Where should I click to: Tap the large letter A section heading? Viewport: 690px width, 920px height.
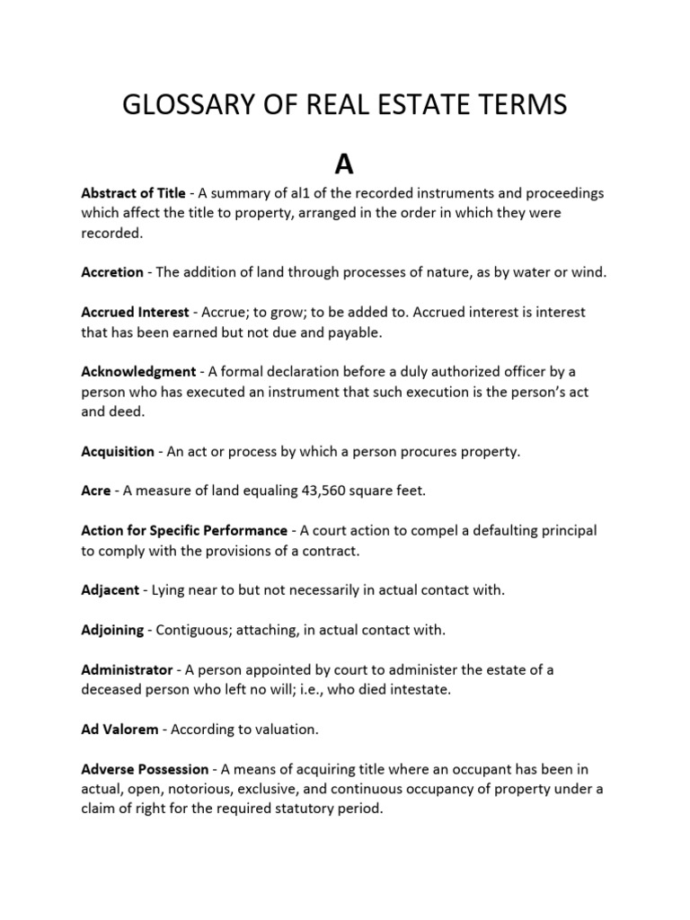(x=345, y=164)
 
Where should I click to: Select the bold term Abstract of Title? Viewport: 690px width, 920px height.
(x=133, y=193)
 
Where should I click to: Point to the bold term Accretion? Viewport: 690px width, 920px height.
(x=112, y=272)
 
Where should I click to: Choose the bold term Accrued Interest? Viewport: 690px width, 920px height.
(x=135, y=312)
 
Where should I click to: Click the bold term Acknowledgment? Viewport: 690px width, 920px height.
(x=138, y=371)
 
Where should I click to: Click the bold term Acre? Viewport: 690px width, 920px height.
(x=96, y=491)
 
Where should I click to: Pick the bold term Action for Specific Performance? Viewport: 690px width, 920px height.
(x=184, y=531)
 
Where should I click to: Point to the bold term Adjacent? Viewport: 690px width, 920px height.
(x=111, y=590)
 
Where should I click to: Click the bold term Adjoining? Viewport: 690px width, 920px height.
(x=112, y=630)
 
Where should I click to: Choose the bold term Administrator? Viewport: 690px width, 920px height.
(x=127, y=670)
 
